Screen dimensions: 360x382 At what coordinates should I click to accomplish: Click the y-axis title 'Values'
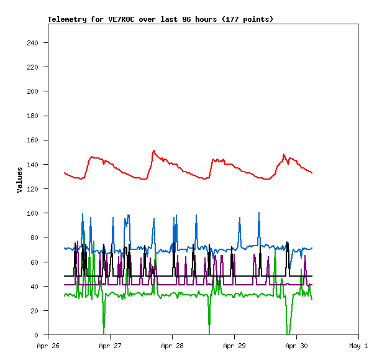tap(19, 180)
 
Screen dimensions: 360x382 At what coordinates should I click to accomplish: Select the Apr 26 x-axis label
tap(48, 346)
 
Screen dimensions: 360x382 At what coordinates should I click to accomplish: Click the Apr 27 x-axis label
tap(110, 346)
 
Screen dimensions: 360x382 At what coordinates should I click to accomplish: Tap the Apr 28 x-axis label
tap(172, 346)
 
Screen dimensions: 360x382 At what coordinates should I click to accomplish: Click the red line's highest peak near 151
tap(153, 150)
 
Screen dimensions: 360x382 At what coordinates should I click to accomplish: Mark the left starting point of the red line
tap(65, 172)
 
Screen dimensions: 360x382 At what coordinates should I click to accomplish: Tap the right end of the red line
tap(312, 173)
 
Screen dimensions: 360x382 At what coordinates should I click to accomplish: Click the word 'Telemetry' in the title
tap(67, 19)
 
